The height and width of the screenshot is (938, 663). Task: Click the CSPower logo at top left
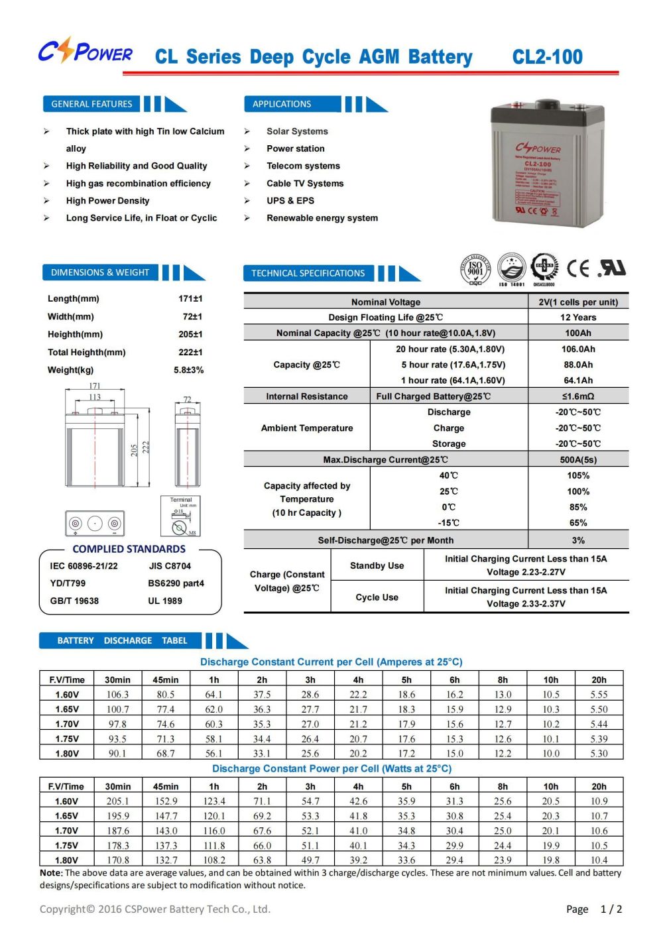point(85,52)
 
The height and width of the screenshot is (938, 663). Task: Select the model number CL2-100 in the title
point(547,57)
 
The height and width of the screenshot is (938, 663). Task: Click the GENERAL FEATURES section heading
point(91,104)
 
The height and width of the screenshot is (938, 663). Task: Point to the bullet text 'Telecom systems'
point(303,166)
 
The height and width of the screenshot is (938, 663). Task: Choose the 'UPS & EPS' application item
point(290,200)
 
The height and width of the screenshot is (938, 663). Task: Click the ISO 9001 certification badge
point(475,269)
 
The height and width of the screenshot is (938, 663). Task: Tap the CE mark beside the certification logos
point(578,268)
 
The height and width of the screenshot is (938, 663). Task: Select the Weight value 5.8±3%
point(189,370)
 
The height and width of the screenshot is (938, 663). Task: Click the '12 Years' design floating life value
point(578,318)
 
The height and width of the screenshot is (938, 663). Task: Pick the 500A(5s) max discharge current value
point(578,459)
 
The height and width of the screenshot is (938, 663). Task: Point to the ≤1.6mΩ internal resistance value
point(578,396)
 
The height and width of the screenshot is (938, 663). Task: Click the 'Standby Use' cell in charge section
point(377,565)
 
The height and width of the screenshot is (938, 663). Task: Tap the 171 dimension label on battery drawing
point(95,386)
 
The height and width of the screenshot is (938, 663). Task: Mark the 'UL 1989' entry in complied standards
point(165,601)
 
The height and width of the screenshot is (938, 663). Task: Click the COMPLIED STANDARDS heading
point(129,549)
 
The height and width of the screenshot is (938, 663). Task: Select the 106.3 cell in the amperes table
point(117,695)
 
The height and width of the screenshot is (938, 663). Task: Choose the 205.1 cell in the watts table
point(118,801)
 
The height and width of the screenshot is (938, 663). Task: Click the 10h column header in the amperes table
point(551,679)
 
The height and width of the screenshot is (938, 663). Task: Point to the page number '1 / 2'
point(611,909)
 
